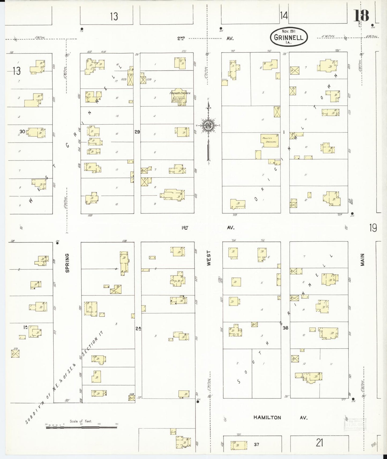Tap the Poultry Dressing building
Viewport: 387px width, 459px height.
269,140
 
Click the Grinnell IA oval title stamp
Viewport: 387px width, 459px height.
288,37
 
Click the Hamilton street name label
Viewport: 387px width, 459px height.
267,417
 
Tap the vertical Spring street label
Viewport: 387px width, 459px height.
67,263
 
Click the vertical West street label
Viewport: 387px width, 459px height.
209,258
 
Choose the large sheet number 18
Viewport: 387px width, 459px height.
361,15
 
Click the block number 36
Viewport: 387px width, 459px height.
285,328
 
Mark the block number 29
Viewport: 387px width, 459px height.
137,132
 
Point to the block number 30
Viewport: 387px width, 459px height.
22,131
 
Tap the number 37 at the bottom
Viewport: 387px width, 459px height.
256,444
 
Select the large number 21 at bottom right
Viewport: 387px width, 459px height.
319,443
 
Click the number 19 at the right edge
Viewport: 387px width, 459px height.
373,228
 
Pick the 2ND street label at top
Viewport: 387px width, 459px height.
181,39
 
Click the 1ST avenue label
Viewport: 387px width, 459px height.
185,228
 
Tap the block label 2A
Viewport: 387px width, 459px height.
138,328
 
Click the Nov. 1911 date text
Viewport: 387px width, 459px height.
288,31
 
